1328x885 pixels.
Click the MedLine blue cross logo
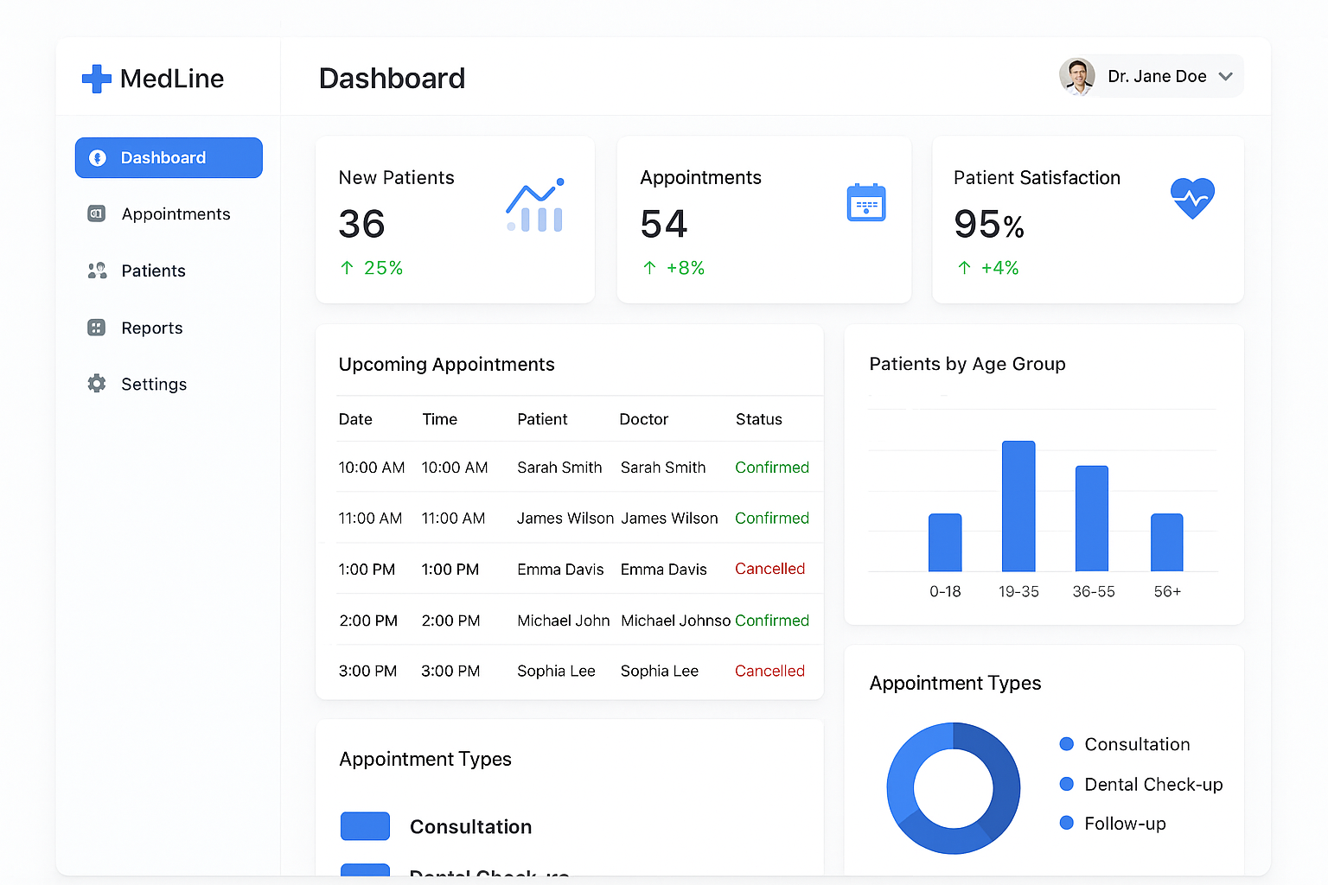coord(97,79)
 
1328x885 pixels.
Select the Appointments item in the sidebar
coord(176,214)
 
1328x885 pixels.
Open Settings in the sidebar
coord(153,385)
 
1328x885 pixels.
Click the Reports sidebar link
coord(151,328)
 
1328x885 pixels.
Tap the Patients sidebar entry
coord(153,271)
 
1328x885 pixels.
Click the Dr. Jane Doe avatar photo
coord(1077,76)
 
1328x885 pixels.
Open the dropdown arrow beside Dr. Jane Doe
coord(1225,76)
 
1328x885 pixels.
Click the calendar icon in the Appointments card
coord(865,202)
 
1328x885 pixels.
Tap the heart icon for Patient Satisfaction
coord(1192,198)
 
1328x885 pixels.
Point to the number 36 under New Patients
coord(361,225)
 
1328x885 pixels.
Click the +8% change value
coord(685,269)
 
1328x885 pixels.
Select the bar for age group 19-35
coord(1018,506)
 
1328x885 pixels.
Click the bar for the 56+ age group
coord(1166,543)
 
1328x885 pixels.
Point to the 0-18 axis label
coord(945,592)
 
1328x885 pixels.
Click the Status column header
coord(758,420)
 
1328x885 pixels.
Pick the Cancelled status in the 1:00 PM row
coord(769,570)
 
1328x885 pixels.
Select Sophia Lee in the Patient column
coord(556,672)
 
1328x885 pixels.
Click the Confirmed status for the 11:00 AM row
coord(771,519)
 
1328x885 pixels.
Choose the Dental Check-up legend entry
coord(1152,785)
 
